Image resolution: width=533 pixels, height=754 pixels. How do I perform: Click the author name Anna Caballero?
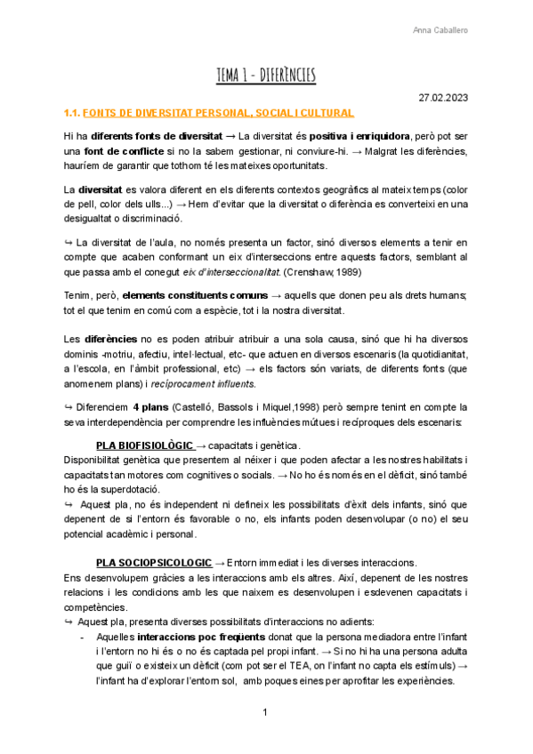click(441, 30)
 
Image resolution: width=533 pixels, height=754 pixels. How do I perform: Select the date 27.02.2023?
click(443, 97)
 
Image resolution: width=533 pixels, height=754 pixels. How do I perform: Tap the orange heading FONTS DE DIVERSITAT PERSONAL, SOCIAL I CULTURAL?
click(218, 113)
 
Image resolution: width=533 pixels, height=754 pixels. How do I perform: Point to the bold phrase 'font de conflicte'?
click(114, 151)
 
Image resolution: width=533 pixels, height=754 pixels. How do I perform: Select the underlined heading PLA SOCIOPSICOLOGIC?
click(153, 563)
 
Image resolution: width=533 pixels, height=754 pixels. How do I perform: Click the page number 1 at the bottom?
click(266, 713)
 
